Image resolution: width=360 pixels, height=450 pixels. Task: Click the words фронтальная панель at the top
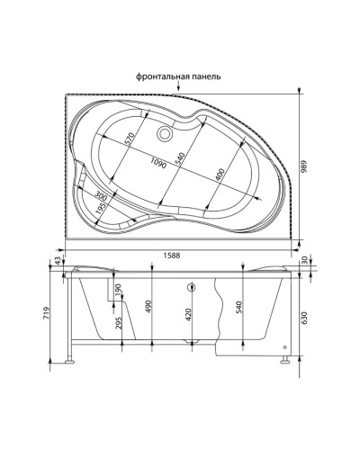[x=178, y=76]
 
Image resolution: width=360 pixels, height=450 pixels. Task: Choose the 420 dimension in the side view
[x=188, y=316]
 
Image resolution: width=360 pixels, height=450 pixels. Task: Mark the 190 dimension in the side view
[x=119, y=290]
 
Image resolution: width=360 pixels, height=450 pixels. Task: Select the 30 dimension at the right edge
[x=306, y=261]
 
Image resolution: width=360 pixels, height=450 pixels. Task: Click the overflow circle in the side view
[x=191, y=289]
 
